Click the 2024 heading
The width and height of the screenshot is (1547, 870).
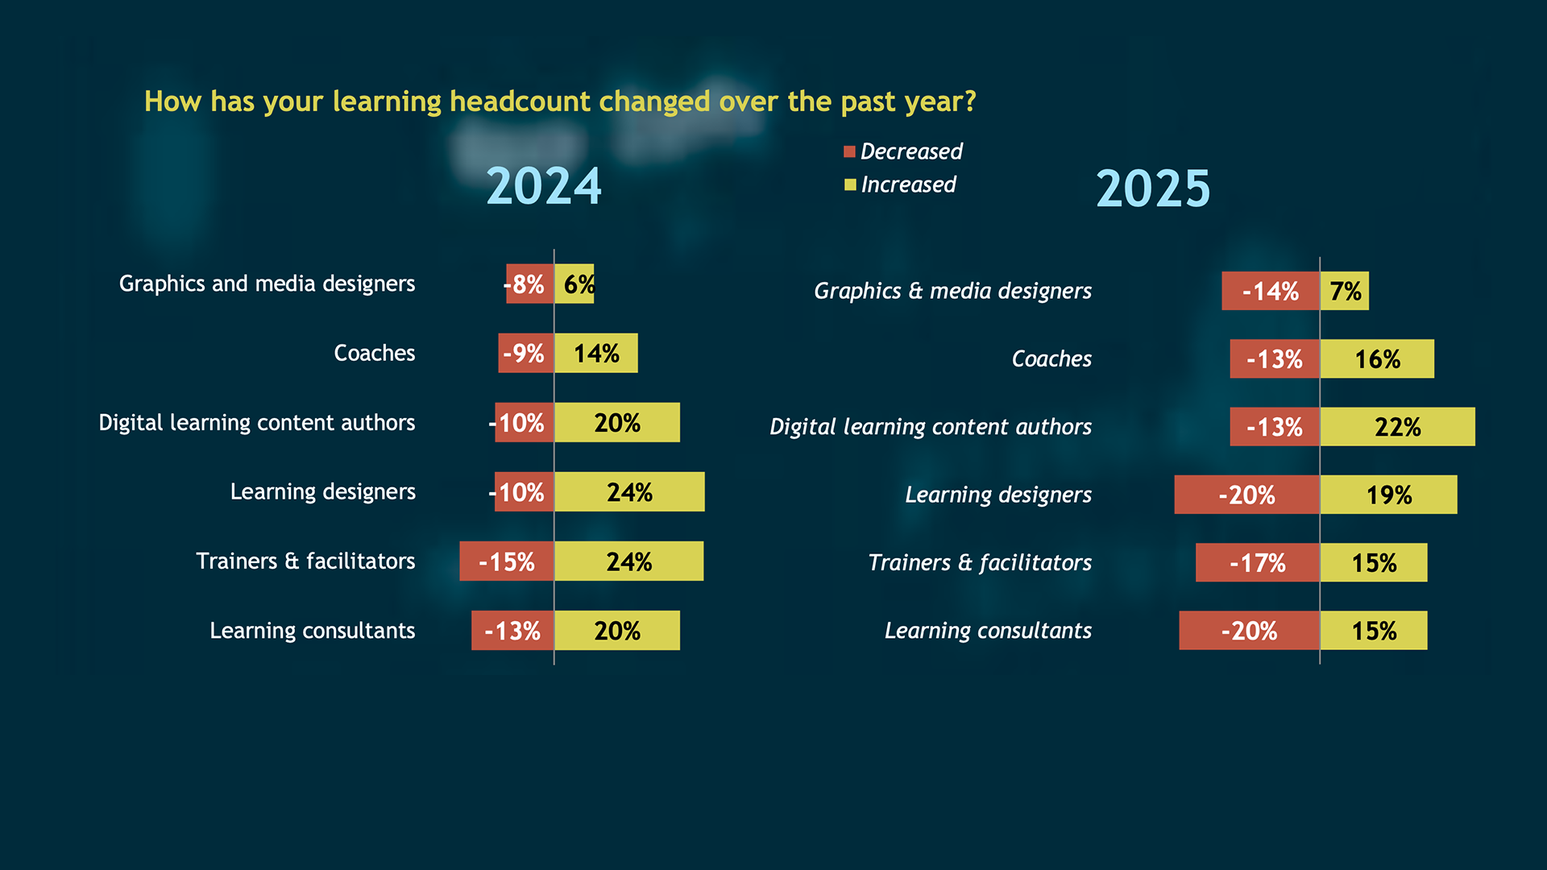click(544, 187)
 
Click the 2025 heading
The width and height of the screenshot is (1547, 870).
click(1153, 189)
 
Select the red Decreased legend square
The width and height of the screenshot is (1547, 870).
click(849, 152)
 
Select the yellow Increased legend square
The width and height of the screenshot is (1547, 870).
click(849, 185)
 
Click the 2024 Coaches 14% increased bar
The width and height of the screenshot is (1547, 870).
click(596, 353)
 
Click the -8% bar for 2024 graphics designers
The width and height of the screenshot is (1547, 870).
click(529, 284)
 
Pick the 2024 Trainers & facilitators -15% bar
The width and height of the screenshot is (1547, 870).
click(507, 561)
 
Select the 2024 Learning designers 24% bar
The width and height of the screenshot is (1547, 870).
click(629, 491)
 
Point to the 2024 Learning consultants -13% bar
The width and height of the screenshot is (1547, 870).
click(512, 630)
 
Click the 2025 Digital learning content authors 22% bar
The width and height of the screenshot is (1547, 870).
click(1397, 426)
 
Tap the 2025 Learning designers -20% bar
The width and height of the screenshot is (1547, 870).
click(1246, 494)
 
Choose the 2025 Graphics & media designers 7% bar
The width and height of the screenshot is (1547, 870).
click(1345, 291)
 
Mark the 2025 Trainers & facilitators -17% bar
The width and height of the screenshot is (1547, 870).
click(1257, 562)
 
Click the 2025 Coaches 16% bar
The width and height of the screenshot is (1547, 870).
click(1377, 358)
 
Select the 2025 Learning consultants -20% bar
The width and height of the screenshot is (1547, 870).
click(1249, 630)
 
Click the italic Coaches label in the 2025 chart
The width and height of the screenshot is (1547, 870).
click(1051, 358)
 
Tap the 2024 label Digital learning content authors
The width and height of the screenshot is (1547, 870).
click(256, 423)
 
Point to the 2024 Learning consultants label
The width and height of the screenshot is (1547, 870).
click(312, 631)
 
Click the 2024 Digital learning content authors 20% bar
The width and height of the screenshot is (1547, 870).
click(617, 422)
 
